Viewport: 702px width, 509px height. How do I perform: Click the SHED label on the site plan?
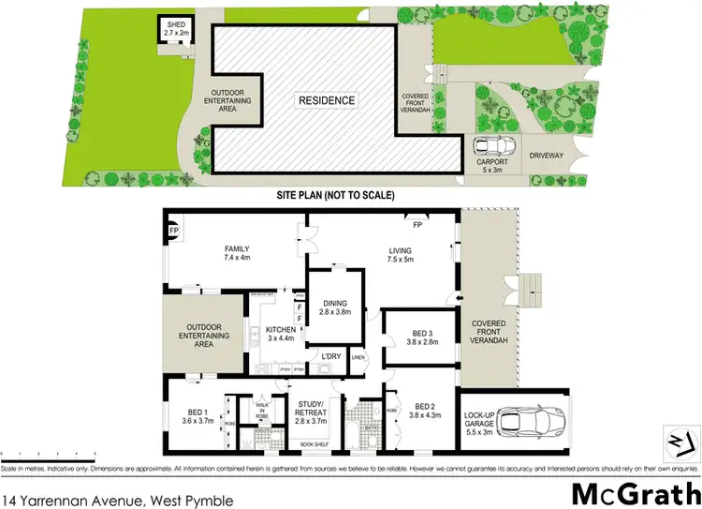[x=176, y=25]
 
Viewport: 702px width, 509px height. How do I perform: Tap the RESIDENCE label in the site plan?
[x=327, y=100]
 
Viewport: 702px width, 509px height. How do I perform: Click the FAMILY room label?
[x=235, y=248]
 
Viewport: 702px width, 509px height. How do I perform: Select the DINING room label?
[x=334, y=303]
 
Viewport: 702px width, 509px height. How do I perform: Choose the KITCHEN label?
[x=281, y=330]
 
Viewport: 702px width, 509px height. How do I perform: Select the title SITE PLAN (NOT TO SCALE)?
[x=337, y=195]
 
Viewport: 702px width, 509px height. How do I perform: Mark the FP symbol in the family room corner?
[x=173, y=230]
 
